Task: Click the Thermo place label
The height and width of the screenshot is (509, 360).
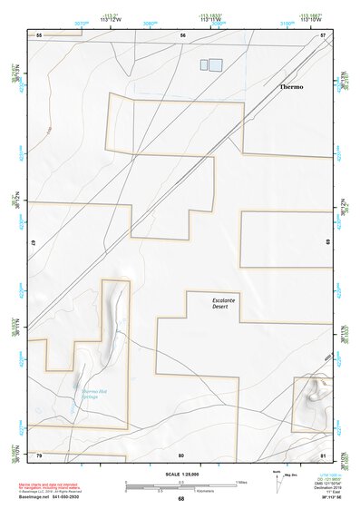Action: pyautogui.click(x=291, y=86)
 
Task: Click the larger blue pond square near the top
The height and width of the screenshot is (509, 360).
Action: pyautogui.click(x=216, y=64)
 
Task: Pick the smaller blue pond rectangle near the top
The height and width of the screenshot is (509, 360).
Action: pyautogui.click(x=202, y=64)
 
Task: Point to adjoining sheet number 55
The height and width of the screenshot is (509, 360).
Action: pyautogui.click(x=39, y=34)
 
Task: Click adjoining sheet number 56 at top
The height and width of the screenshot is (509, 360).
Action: pyautogui.click(x=182, y=34)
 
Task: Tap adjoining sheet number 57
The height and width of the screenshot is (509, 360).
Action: pyautogui.click(x=323, y=34)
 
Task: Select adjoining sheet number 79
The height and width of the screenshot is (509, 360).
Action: pyautogui.click(x=39, y=454)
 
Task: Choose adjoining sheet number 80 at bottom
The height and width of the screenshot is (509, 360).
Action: pyautogui.click(x=181, y=454)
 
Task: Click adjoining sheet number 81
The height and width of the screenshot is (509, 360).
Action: pyautogui.click(x=323, y=454)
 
